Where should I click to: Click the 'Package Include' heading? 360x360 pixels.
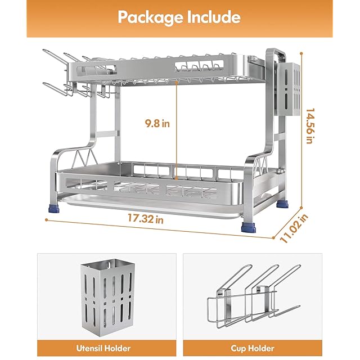tap(179, 17)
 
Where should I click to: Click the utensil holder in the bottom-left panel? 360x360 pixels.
tap(106, 295)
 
